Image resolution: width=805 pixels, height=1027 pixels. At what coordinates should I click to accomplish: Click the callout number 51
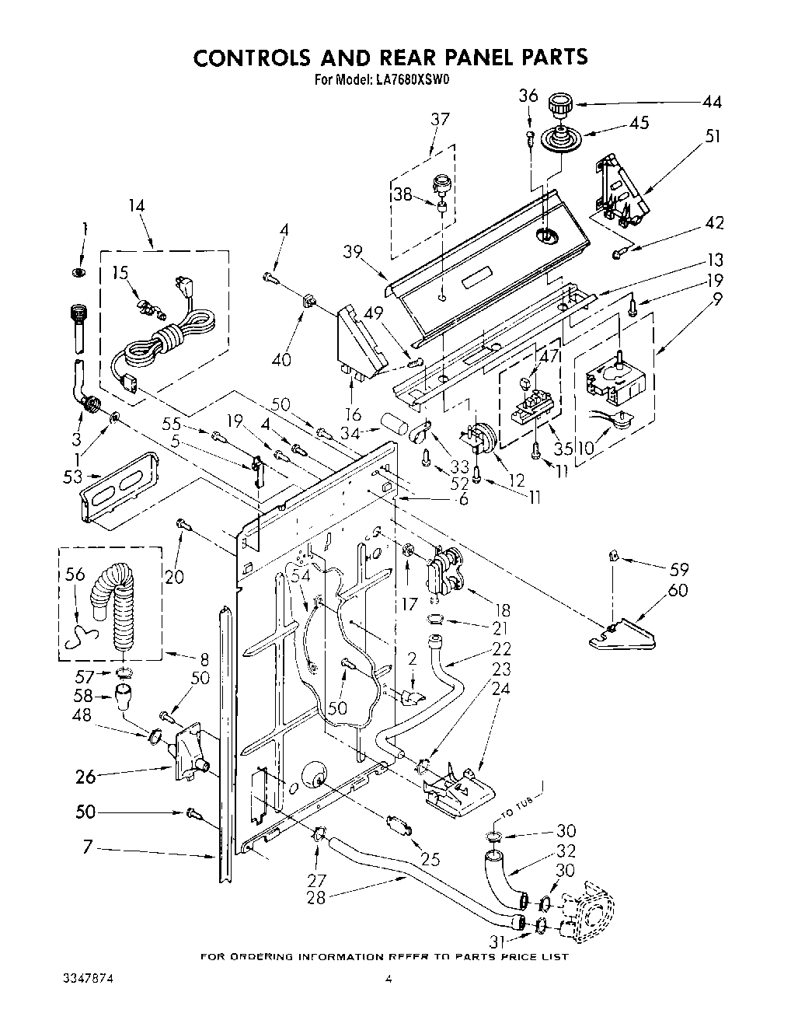[x=713, y=136]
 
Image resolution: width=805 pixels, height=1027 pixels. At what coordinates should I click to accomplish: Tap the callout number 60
[x=678, y=591]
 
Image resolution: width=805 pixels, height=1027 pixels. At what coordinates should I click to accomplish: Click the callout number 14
[x=137, y=206]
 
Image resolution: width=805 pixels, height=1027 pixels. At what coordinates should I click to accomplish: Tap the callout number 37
[x=440, y=119]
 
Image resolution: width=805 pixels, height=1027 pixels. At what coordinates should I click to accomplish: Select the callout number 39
[x=352, y=250]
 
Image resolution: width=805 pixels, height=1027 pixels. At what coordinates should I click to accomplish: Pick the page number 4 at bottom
[x=389, y=980]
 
